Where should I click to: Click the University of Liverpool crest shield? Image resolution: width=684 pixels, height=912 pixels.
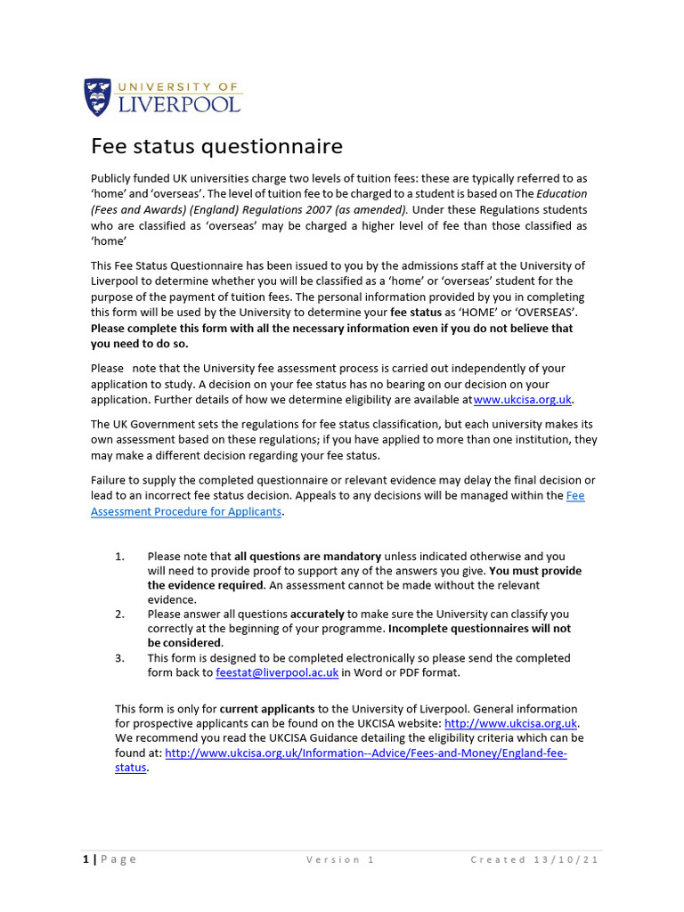[98, 97]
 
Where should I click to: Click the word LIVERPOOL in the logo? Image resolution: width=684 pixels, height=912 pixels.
[178, 104]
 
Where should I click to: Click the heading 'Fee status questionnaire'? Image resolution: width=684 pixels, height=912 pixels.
[217, 146]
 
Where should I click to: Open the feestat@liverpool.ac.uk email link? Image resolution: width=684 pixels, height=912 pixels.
[277, 673]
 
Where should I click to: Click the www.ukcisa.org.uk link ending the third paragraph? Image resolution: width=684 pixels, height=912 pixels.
[523, 400]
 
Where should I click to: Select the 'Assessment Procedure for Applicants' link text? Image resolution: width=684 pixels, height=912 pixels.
[186, 511]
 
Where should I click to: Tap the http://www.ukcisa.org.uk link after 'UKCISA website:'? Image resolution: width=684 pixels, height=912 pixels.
[512, 723]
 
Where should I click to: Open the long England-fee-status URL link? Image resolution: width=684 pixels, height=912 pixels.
[365, 753]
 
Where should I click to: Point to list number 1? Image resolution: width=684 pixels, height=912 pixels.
[120, 557]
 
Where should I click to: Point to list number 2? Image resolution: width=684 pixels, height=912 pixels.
[120, 615]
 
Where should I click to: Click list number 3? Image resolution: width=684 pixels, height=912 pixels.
[120, 658]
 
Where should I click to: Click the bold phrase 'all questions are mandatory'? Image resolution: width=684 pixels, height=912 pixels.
[307, 557]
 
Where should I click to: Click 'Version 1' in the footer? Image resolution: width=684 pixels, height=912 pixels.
[340, 859]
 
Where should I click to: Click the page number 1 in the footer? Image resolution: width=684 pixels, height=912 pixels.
[85, 859]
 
